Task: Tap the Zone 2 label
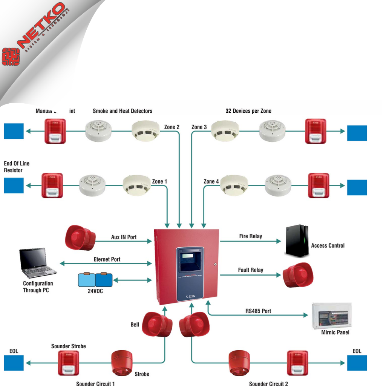click(172, 127)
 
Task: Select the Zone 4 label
click(211, 181)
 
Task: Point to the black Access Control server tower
click(297, 241)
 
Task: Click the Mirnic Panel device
click(331, 316)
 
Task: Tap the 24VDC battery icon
click(95, 280)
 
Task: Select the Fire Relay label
click(251, 236)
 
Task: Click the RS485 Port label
click(258, 311)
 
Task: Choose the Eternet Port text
click(107, 259)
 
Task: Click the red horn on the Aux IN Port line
click(80, 238)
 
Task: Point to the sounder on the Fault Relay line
click(298, 275)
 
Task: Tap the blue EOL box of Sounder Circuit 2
click(357, 363)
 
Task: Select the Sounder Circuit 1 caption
click(95, 383)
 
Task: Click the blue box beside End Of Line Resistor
click(14, 185)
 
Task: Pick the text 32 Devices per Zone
click(248, 111)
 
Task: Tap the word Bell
click(135, 325)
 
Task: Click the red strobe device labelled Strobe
click(122, 363)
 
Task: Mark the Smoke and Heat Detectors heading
click(123, 111)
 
